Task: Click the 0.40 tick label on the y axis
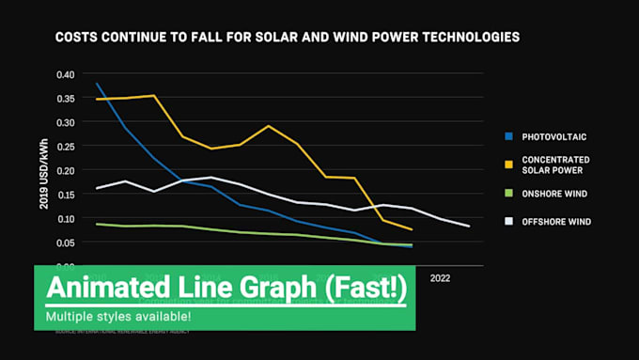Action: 64,74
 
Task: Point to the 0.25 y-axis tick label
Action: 64,147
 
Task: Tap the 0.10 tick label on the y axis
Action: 64,219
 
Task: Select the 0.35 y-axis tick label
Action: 64,99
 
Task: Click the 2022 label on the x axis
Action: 440,278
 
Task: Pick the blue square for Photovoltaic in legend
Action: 507,137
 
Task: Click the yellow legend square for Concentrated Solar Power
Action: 507,165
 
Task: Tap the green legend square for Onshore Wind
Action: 507,194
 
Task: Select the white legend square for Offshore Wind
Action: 507,222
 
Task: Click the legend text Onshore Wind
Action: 554,194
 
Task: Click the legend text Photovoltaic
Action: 554,137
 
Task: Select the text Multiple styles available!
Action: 117,317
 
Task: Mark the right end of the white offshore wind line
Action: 469,227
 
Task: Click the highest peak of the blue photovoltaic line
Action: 98,84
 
